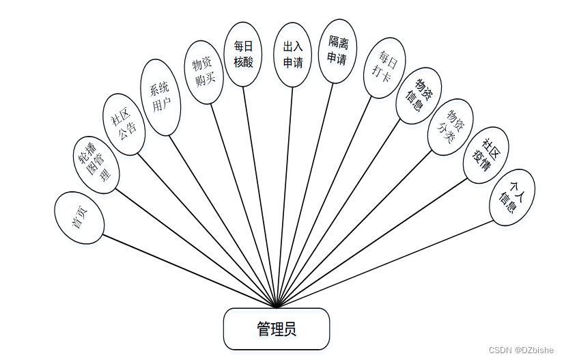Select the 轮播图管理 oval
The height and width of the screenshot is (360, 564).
click(x=96, y=165)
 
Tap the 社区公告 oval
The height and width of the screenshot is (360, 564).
click(x=124, y=124)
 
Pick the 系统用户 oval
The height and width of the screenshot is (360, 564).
click(x=160, y=98)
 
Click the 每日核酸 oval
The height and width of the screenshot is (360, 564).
click(x=243, y=53)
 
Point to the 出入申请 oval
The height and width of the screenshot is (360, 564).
click(x=293, y=55)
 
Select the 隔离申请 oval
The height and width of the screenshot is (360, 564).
click(x=337, y=51)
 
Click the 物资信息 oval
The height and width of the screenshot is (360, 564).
click(x=419, y=96)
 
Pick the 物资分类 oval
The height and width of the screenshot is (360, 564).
click(x=450, y=126)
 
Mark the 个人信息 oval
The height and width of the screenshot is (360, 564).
click(x=512, y=197)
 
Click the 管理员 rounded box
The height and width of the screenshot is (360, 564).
click(x=277, y=329)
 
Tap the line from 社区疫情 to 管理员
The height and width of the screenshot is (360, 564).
click(x=369, y=245)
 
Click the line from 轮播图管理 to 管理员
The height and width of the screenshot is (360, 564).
click(x=195, y=245)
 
